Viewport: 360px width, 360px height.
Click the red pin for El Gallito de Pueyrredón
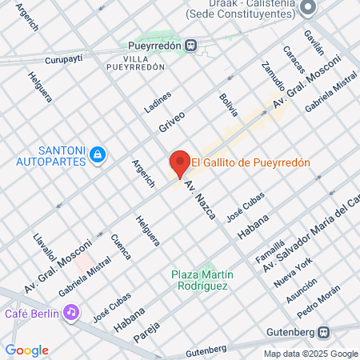(x=179, y=163)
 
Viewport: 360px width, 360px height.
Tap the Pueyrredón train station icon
(x=191, y=45)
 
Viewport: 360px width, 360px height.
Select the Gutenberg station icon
(x=324, y=332)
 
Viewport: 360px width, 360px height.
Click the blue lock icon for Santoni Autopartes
(x=98, y=153)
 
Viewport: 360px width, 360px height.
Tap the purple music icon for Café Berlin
(x=71, y=311)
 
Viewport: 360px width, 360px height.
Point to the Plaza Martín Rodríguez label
(x=200, y=280)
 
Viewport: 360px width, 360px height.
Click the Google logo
(x=26, y=350)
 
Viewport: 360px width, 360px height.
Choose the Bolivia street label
(x=229, y=105)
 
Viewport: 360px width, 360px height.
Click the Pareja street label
(x=146, y=329)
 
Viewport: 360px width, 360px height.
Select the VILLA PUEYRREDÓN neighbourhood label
(x=135, y=63)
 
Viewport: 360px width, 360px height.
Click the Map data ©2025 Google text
(x=311, y=354)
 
